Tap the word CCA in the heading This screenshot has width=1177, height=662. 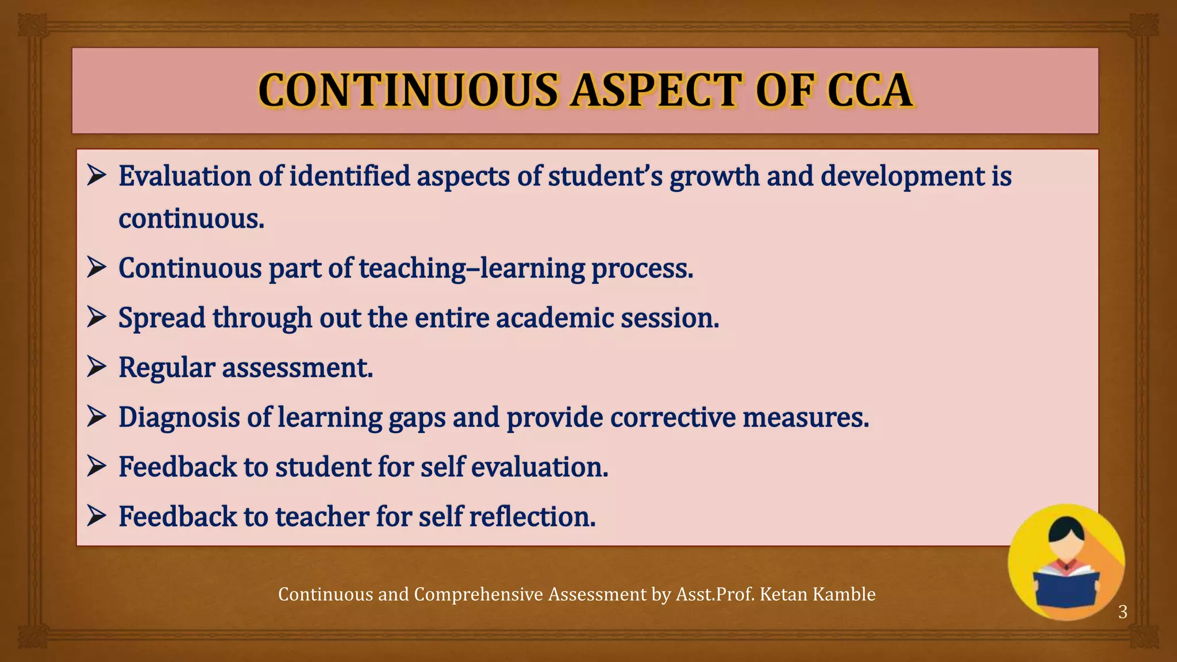pos(870,91)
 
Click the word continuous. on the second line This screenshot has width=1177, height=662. pos(191,219)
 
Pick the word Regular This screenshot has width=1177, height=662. pos(167,368)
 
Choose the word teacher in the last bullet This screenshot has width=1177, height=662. pos(322,516)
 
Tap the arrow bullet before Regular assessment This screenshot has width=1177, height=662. pos(97,366)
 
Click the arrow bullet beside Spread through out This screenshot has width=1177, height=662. pos(97,317)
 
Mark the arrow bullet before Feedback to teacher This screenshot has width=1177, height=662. pos(97,515)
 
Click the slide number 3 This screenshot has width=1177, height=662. pos(1122,612)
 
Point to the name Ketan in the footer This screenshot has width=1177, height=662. pos(783,594)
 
